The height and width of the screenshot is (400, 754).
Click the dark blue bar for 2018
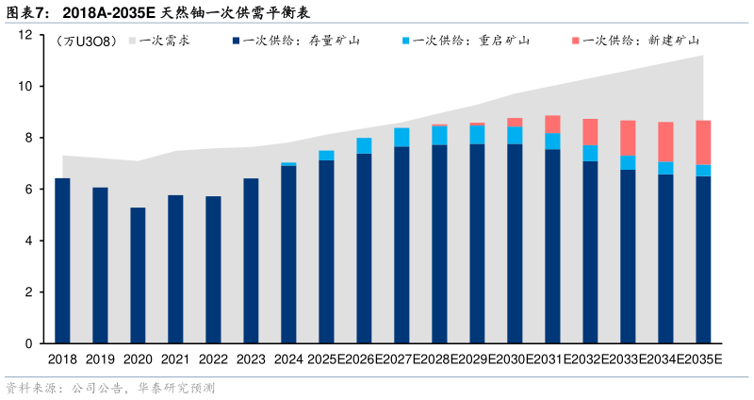point(62,260)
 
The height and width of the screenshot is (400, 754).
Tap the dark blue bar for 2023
point(251,260)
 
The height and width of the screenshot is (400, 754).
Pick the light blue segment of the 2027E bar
point(402,137)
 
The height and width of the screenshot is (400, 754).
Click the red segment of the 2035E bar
point(703,142)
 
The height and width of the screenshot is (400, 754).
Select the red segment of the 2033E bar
point(628,138)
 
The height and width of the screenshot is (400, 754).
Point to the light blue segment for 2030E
point(515,135)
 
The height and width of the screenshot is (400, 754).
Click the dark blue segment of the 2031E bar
point(552,245)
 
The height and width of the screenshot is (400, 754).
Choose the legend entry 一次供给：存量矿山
point(296,41)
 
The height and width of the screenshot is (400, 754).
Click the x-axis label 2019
point(100,359)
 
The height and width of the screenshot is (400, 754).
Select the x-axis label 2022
point(213,359)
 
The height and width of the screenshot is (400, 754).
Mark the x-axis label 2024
point(288,359)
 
